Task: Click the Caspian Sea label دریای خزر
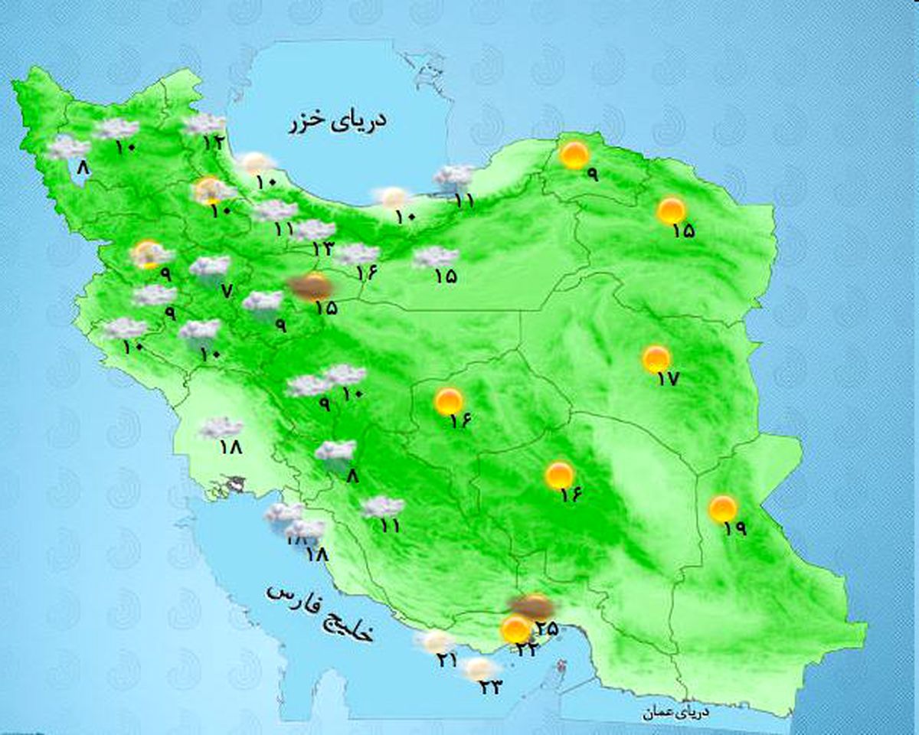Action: click(x=337, y=122)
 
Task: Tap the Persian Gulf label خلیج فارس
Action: click(x=320, y=612)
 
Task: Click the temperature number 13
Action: click(x=322, y=247)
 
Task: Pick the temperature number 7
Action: click(x=225, y=290)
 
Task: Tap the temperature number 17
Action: click(x=668, y=377)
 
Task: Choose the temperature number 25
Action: click(x=547, y=629)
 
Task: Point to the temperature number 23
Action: click(x=490, y=687)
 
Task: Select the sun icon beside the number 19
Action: click(x=722, y=508)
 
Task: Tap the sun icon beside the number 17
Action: click(x=656, y=358)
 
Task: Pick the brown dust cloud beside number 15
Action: click(x=310, y=287)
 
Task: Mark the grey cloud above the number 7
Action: click(x=210, y=266)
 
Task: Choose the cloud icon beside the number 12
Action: click(x=204, y=123)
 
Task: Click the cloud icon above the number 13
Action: click(x=314, y=229)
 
